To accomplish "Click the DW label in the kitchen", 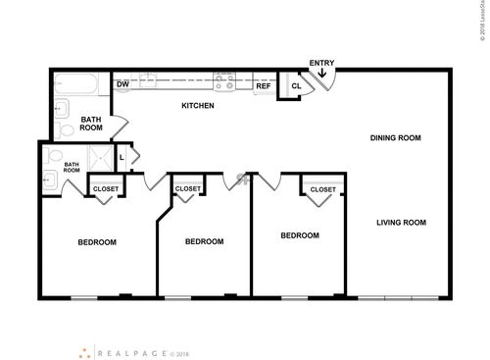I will pos(123,85).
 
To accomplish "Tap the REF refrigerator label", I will pos(263,86).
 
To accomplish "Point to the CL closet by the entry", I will pos(295,86).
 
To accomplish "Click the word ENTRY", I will pos(321,64).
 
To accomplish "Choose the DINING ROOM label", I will pos(395,138).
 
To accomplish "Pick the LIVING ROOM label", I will pos(402,222).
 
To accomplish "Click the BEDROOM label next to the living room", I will pos(300,235).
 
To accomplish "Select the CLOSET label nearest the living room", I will pos(322,189).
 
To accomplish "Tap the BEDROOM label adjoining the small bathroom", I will pos(98,242).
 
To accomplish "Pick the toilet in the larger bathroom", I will pos(67,126).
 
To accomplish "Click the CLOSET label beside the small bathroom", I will pos(105,188).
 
